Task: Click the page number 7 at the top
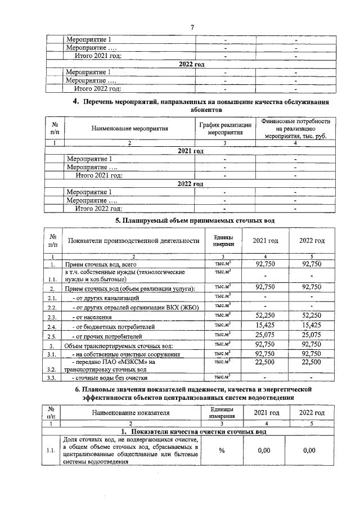[192, 26]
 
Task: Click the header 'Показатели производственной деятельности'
[133, 241]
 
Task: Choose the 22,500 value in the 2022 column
[312, 363]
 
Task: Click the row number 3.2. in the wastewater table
[53, 370]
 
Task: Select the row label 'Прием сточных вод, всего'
[101, 264]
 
